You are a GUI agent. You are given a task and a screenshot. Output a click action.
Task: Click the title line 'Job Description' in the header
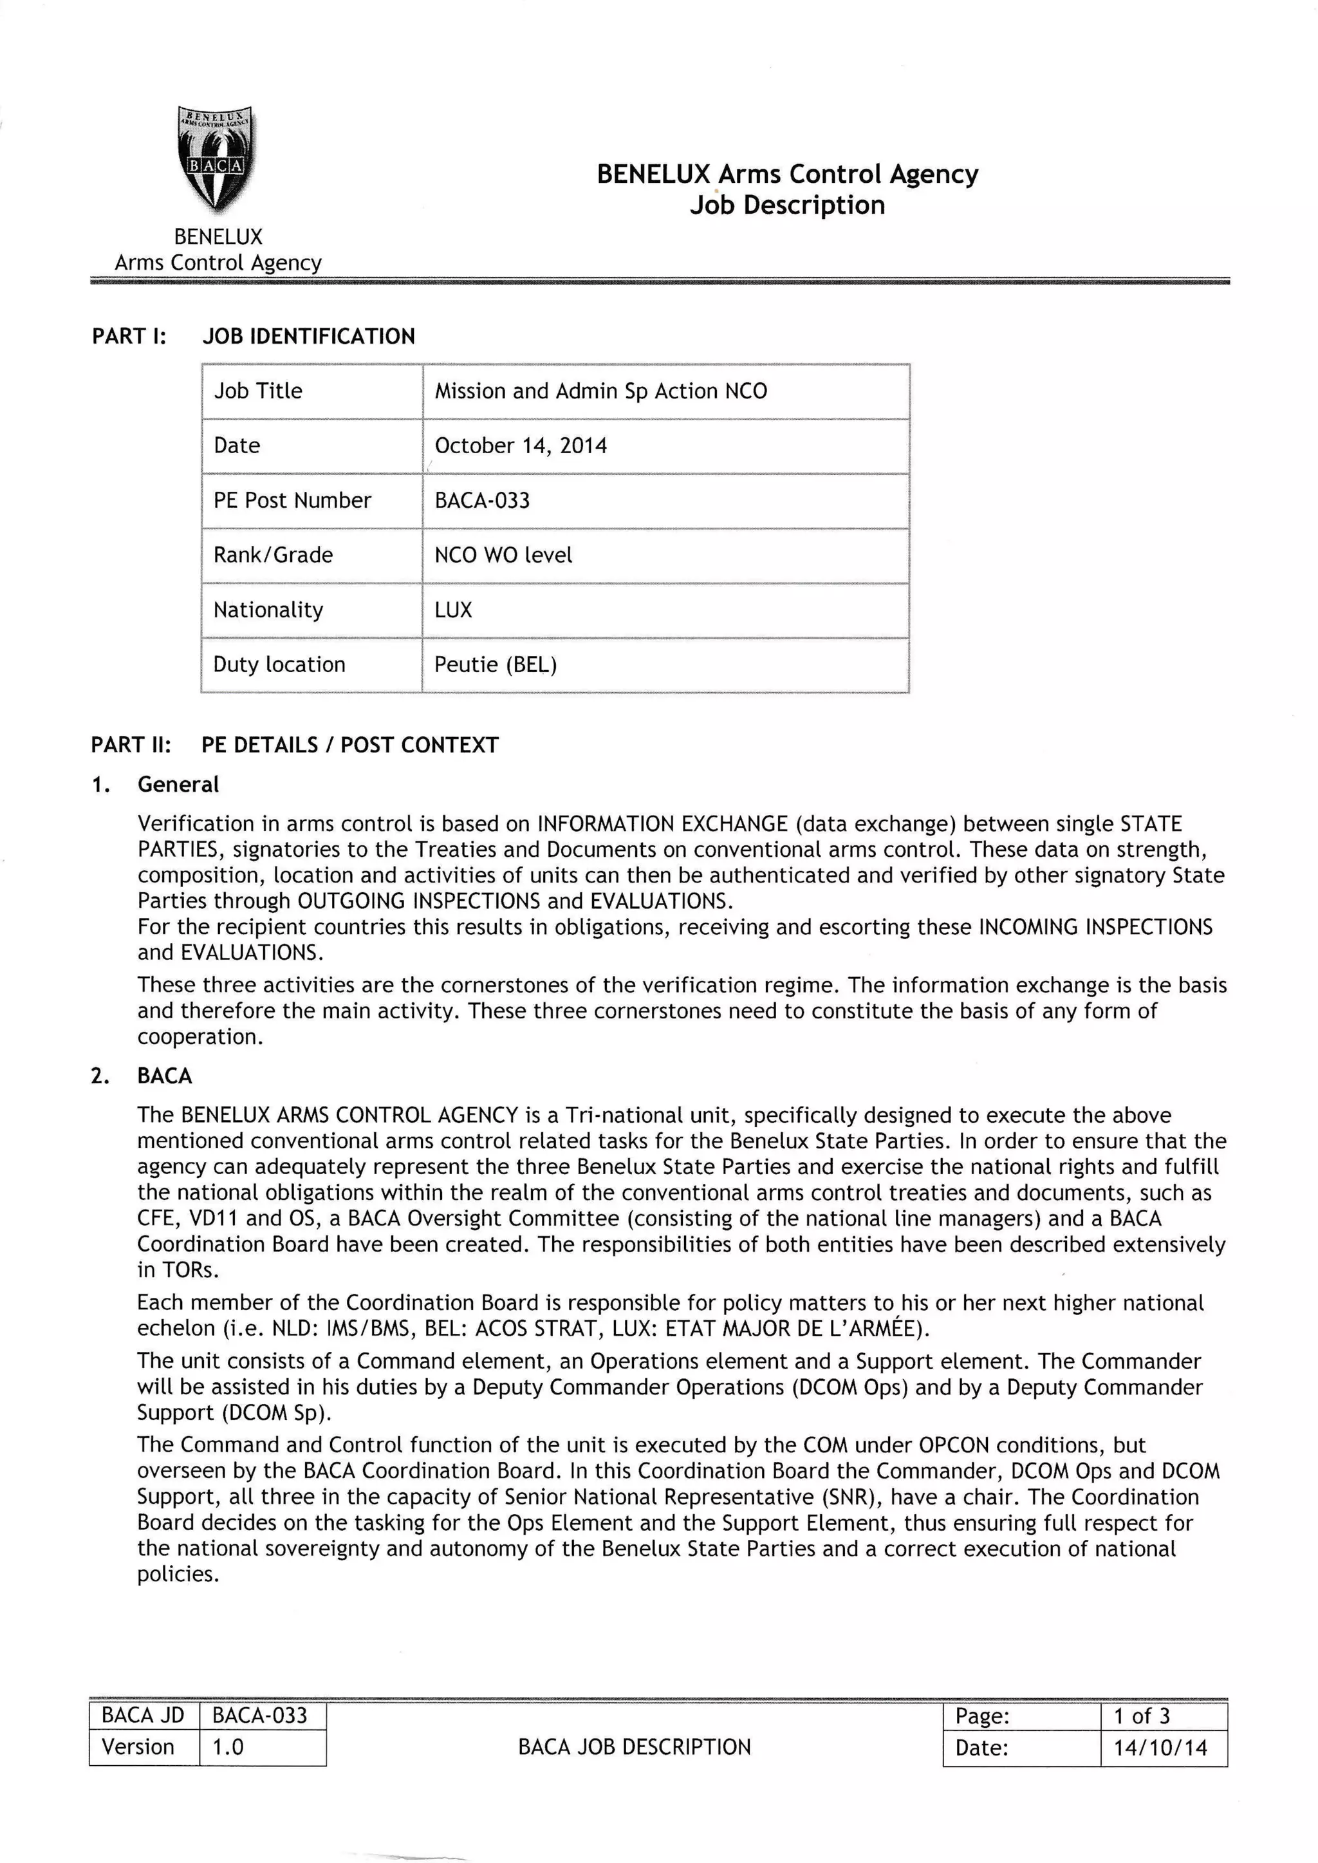pos(786,205)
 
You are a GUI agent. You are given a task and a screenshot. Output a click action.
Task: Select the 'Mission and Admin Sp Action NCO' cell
pos(600,391)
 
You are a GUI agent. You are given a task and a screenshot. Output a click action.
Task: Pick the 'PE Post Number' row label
pos(292,500)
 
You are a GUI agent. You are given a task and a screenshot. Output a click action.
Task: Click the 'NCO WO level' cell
pos(503,556)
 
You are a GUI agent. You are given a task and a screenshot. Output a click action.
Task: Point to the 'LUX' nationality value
pos(453,610)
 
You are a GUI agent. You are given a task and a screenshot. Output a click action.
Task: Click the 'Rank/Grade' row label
pos(273,556)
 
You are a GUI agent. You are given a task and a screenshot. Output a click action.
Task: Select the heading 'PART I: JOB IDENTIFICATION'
pos(253,336)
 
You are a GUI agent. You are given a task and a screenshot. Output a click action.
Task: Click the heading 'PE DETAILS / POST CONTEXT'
pos(350,744)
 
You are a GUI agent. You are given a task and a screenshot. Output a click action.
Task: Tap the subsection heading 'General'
pos(178,784)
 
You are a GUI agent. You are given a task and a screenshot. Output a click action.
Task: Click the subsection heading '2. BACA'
pos(164,1076)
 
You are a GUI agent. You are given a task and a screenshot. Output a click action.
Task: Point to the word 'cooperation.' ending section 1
pos(200,1036)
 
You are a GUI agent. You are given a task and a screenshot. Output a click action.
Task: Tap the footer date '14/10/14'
pos(1160,1748)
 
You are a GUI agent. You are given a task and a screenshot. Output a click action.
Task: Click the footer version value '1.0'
pos(227,1747)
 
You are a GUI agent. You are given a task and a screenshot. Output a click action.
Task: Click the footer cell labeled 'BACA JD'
pos(143,1715)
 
